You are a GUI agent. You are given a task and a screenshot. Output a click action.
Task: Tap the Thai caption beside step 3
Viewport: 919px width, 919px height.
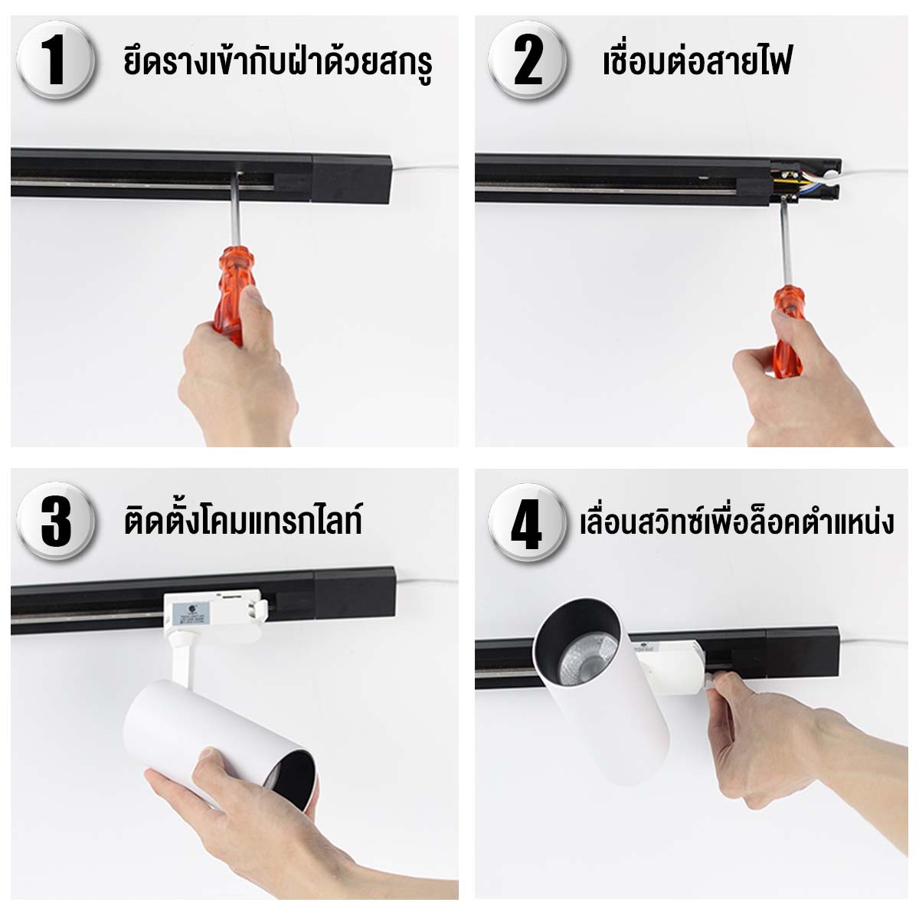coord(243,521)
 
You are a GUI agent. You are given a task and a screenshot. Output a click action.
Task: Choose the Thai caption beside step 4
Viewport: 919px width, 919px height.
coord(737,522)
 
